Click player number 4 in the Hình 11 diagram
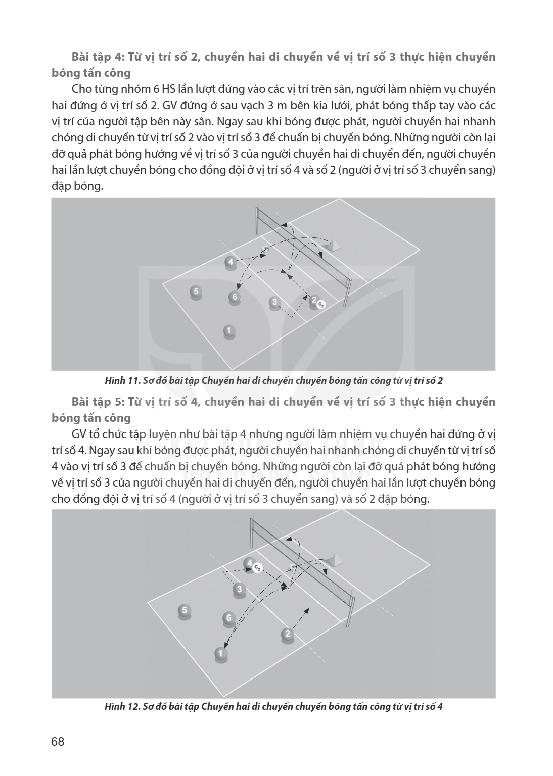230,262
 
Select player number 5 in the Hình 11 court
196,292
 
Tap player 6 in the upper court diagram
235,298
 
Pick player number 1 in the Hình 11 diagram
229,331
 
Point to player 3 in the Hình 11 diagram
274,303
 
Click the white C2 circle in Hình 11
321,305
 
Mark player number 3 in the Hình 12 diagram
239,589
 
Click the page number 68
58,742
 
